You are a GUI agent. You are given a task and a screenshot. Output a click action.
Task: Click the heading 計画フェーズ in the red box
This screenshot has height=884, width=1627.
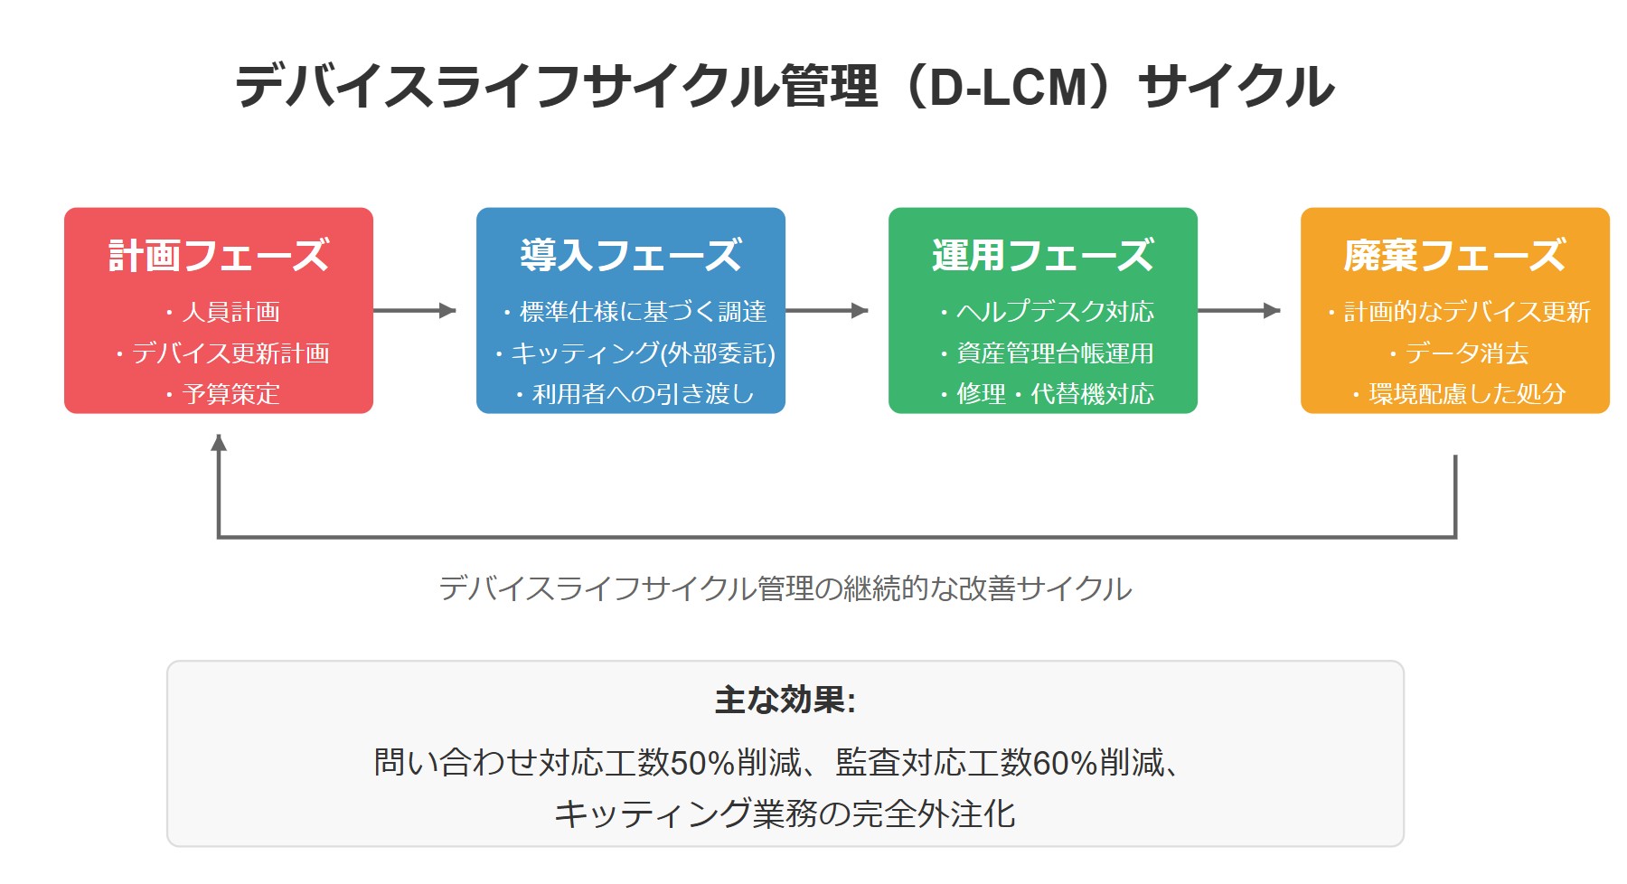click(x=219, y=256)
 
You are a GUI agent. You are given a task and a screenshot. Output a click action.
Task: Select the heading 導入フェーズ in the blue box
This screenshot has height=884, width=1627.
click(x=631, y=256)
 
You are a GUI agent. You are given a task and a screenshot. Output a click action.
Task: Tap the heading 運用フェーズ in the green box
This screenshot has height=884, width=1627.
click(x=1043, y=256)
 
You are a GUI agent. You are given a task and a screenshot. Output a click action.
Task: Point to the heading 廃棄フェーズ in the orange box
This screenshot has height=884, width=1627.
click(x=1454, y=256)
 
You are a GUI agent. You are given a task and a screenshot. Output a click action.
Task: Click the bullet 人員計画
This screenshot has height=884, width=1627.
click(x=230, y=312)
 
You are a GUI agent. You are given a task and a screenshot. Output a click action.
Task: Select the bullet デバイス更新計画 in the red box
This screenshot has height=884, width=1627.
click(x=230, y=353)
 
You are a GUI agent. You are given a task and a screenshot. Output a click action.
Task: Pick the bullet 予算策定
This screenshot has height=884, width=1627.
click(x=230, y=394)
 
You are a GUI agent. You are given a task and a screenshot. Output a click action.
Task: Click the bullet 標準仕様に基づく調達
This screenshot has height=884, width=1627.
click(x=642, y=312)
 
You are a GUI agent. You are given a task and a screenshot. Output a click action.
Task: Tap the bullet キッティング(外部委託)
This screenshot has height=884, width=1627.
click(x=642, y=353)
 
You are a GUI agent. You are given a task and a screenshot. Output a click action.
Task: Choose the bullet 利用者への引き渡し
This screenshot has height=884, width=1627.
click(x=642, y=394)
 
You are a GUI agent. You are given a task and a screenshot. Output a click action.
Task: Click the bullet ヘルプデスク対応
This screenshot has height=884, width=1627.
click(x=1054, y=312)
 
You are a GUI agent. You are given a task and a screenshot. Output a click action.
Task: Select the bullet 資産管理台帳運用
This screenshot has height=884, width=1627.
click(x=1054, y=353)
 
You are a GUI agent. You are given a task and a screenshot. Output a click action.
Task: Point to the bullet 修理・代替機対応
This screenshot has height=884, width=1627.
click(x=1054, y=394)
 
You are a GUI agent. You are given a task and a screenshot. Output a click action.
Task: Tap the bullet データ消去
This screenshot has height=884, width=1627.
click(x=1466, y=353)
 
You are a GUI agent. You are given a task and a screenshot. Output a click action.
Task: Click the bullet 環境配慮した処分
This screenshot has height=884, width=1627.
click(x=1466, y=394)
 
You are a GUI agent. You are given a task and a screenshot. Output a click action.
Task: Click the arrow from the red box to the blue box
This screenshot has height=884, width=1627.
click(x=415, y=311)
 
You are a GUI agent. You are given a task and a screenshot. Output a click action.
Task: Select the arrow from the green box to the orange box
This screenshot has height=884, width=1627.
click(x=1239, y=311)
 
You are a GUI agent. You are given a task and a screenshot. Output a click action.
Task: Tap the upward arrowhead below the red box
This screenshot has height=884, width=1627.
click(x=219, y=443)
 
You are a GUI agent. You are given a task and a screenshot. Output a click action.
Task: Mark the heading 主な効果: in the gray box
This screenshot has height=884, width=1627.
click(x=785, y=701)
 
